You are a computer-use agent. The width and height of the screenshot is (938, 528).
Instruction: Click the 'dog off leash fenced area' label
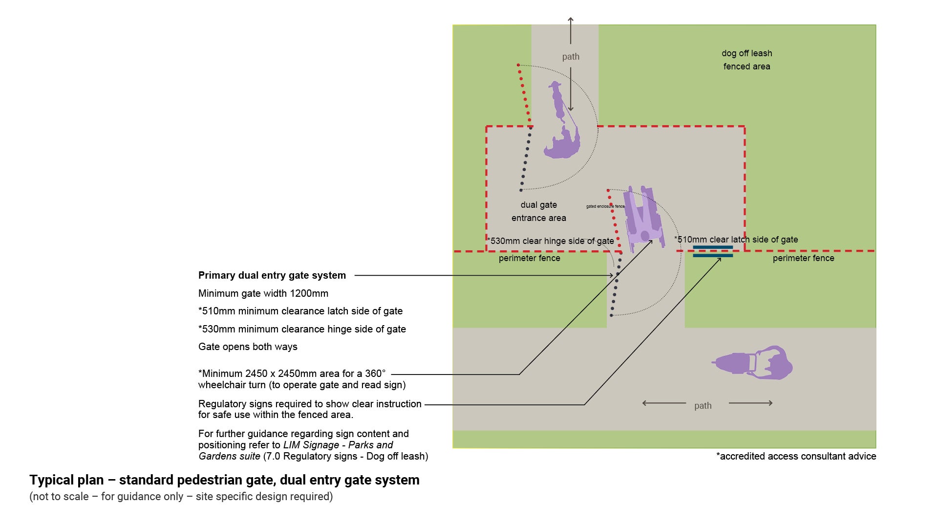pyautogui.click(x=746, y=60)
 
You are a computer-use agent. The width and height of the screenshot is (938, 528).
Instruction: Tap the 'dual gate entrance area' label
pyautogui.click(x=538, y=211)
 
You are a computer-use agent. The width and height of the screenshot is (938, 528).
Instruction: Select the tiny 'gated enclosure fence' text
pyautogui.click(x=605, y=206)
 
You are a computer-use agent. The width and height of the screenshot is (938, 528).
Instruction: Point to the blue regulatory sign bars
pyautogui.click(x=713, y=251)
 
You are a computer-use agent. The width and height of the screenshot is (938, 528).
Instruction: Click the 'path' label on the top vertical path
pyautogui.click(x=571, y=57)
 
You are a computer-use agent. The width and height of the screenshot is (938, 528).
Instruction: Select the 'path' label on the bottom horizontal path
pyautogui.click(x=703, y=405)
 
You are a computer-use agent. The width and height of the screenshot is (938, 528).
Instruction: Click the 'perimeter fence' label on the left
pyautogui.click(x=529, y=258)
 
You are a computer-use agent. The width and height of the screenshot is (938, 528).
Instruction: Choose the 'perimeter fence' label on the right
pyautogui.click(x=803, y=258)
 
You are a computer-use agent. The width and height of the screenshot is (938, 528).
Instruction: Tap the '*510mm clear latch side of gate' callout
pyautogui.click(x=736, y=240)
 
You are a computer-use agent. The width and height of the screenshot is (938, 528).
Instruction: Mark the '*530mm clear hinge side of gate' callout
pyautogui.click(x=551, y=241)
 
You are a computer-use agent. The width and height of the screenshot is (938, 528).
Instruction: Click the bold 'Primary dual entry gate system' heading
pyautogui.click(x=272, y=275)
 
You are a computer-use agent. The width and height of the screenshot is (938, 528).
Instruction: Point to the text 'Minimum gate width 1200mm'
pyautogui.click(x=263, y=293)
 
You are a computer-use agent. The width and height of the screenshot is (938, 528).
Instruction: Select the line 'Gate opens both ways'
pyautogui.click(x=248, y=347)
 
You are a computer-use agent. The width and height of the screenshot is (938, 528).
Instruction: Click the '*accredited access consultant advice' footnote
pyautogui.click(x=796, y=456)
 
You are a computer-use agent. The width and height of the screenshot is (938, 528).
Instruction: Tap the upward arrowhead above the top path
pyautogui.click(x=570, y=20)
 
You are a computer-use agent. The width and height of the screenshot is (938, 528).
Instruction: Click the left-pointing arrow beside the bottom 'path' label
pyautogui.click(x=663, y=403)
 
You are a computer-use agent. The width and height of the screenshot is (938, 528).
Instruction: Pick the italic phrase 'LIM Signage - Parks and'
pyautogui.click(x=338, y=445)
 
